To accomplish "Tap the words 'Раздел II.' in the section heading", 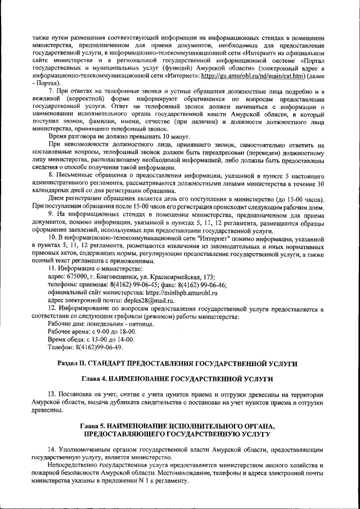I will pyautogui.click(x=74, y=364).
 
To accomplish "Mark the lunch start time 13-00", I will pyautogui.click(x=100, y=340).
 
